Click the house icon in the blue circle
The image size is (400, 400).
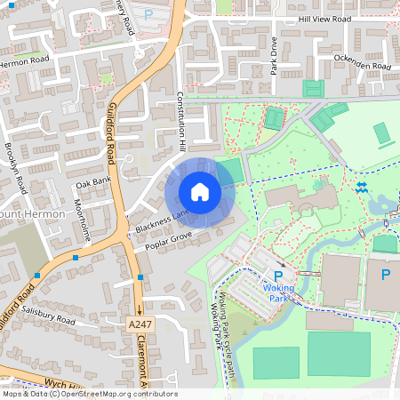tap(200, 192)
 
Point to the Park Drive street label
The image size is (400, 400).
tap(275, 55)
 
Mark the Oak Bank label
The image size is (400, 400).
tap(92, 183)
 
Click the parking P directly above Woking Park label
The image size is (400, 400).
tap(278, 276)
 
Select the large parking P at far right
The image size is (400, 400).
tap(385, 276)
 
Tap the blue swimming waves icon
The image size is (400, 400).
tap(362, 188)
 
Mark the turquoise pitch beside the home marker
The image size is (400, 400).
tap(229, 171)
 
